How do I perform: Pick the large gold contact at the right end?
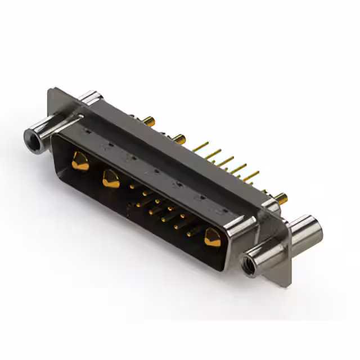(213, 237)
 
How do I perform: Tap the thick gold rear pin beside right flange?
(283, 197)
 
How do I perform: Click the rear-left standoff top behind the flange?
(89, 96)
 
